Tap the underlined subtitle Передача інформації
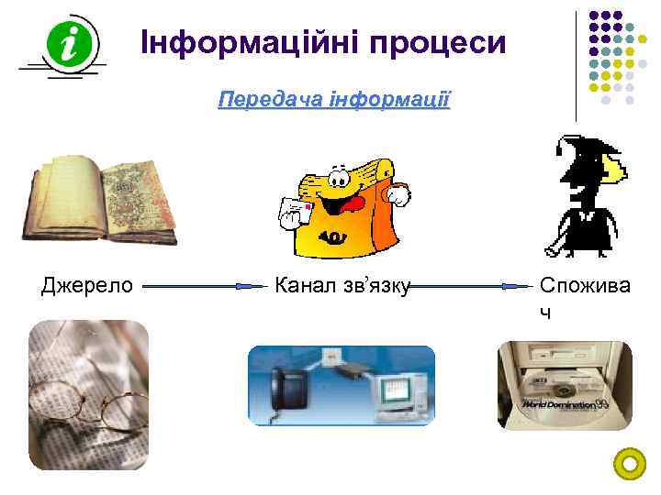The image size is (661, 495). coord(334,98)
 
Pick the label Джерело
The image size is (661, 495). coord(87,286)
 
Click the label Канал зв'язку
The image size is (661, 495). coord(342,286)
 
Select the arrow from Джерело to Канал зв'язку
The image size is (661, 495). coord(204,286)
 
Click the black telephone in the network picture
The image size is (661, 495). coord(286,391)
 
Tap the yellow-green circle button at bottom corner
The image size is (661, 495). coord(630,464)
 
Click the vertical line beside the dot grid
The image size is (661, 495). coord(577,64)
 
